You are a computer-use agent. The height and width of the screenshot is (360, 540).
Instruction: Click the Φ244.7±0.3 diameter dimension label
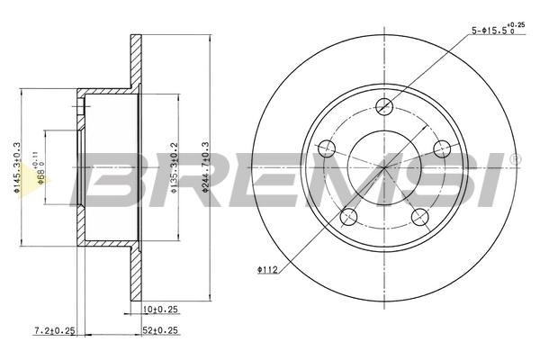205,166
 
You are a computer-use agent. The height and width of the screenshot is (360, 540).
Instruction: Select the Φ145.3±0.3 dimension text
17,167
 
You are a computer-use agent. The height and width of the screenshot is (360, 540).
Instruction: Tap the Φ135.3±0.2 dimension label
174,167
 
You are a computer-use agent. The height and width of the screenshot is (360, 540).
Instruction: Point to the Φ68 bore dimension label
40,169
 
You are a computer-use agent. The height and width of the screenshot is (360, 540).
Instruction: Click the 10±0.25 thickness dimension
160,310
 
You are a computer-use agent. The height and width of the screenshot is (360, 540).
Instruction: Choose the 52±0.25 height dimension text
160,330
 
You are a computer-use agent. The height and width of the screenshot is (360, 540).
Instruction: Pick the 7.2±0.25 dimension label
54,330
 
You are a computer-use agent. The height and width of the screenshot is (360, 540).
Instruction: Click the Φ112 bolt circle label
267,270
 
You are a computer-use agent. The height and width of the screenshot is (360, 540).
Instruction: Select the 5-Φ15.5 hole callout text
498,30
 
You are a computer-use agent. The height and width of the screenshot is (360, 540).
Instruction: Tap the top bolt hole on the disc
384,106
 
